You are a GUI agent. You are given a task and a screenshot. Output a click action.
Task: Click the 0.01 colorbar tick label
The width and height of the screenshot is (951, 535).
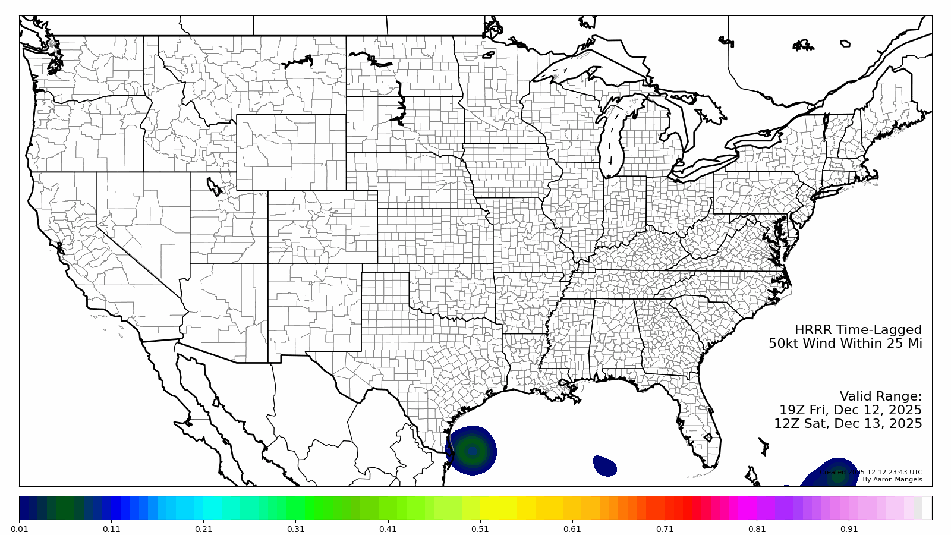(19, 529)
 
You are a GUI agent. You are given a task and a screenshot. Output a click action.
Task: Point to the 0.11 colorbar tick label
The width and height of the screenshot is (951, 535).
(111, 529)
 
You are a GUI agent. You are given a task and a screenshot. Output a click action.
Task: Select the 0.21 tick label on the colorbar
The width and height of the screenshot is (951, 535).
(203, 529)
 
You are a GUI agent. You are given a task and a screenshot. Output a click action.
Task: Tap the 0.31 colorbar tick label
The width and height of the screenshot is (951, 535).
(295, 529)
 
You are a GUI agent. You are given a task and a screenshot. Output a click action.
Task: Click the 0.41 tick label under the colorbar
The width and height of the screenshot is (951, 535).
(388, 529)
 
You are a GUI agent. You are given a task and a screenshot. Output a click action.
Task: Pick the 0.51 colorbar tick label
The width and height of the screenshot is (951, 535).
(480, 529)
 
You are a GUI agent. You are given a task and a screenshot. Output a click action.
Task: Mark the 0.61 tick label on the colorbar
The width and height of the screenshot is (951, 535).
(572, 529)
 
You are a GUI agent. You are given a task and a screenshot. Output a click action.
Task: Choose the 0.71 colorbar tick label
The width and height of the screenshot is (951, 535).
(665, 529)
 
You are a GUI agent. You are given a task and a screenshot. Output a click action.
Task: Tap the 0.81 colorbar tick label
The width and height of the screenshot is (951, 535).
(757, 529)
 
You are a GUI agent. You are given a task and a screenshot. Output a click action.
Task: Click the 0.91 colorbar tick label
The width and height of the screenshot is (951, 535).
(849, 529)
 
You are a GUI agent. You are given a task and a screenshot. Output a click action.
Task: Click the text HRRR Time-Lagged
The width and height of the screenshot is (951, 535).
(858, 330)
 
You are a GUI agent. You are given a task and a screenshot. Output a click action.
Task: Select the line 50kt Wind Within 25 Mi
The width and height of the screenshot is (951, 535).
(845, 344)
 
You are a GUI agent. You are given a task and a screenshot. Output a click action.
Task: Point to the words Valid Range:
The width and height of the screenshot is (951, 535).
(880, 396)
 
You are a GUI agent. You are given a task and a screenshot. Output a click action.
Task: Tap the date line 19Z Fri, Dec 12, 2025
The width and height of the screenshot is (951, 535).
(851, 410)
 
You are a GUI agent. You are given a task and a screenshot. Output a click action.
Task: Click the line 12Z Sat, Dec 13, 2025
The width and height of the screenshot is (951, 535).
(848, 424)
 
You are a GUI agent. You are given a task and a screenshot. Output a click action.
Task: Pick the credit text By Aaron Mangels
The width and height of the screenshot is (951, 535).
(892, 480)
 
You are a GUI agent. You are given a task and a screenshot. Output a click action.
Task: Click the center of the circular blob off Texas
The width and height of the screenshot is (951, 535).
(472, 451)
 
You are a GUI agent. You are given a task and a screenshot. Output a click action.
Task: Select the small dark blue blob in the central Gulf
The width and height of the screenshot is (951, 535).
(605, 465)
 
